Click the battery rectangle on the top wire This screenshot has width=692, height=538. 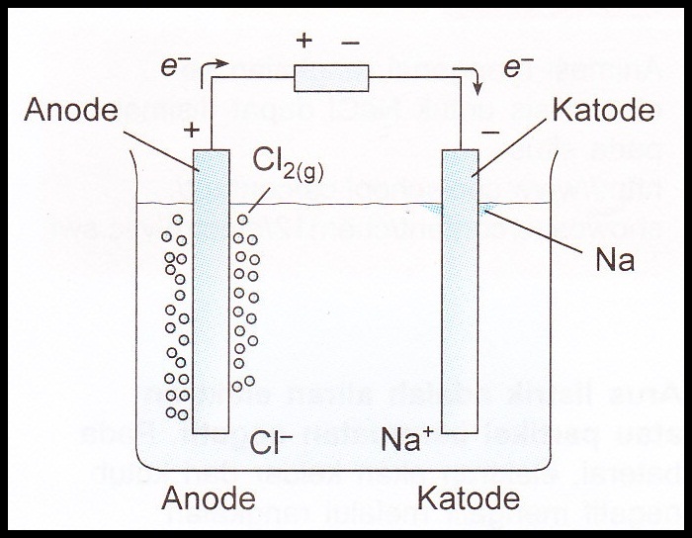(332, 77)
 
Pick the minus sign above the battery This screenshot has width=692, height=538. (350, 42)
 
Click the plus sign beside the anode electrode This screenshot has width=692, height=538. (190, 130)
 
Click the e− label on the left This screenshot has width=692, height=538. (176, 66)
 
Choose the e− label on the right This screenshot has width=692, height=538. (518, 67)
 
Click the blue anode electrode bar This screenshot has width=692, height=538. (212, 297)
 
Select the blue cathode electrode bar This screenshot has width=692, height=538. (460, 297)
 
